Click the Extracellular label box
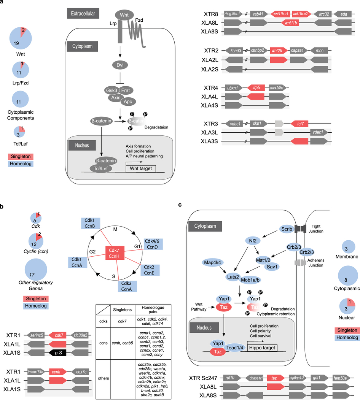pos(81,14)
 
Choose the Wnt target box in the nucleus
pos(140,168)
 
